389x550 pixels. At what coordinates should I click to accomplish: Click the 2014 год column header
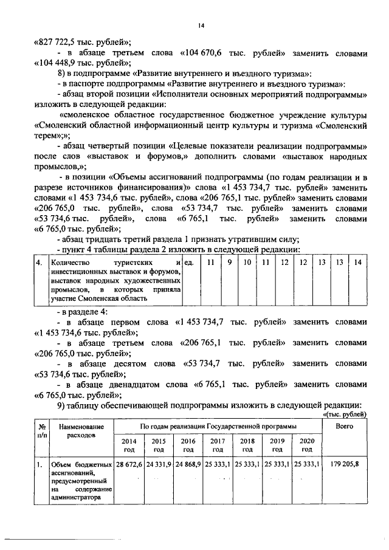(x=129, y=445)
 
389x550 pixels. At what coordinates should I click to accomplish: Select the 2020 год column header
(x=306, y=445)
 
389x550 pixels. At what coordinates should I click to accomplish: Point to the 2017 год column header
(x=218, y=445)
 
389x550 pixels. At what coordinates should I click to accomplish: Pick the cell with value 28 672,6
(x=129, y=464)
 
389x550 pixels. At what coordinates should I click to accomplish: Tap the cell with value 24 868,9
(x=188, y=464)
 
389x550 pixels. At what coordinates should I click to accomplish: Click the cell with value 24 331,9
(x=159, y=464)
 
